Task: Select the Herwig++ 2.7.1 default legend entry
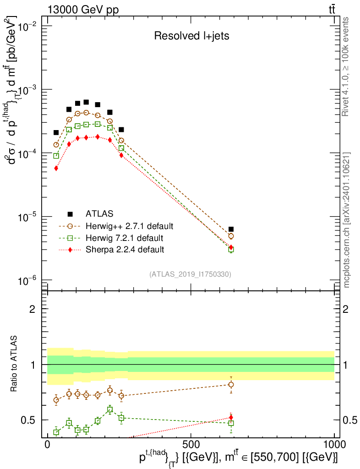(x=129, y=226)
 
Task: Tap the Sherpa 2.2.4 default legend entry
(x=125, y=250)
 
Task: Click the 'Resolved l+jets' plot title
(x=191, y=36)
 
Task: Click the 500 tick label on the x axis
(x=191, y=445)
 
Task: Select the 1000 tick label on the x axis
(x=334, y=445)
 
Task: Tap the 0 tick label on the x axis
(x=47, y=445)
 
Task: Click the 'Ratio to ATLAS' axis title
(x=15, y=365)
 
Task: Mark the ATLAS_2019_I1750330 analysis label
(x=190, y=274)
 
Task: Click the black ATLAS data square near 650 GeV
(x=231, y=229)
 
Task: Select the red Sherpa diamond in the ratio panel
(x=231, y=417)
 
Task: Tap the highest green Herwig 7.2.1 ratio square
(x=110, y=409)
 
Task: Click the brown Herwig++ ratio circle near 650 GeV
(x=231, y=385)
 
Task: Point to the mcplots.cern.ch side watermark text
(x=347, y=220)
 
